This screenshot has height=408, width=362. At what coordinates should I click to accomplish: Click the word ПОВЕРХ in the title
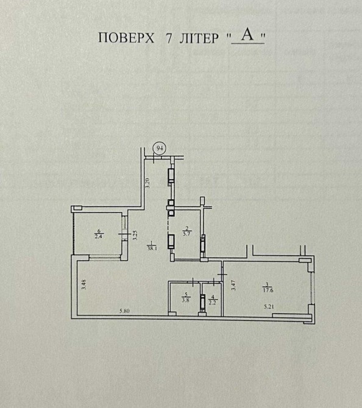126,38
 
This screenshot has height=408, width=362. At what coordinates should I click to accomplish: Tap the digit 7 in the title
169,38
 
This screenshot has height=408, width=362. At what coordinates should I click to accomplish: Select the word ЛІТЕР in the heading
199,38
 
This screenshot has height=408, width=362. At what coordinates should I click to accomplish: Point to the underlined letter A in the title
247,34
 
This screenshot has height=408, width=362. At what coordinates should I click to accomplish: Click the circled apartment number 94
160,148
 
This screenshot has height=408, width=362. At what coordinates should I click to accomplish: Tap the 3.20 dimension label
147,183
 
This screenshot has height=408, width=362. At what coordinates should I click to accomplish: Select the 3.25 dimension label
135,234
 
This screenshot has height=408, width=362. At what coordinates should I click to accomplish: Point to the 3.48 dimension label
83,284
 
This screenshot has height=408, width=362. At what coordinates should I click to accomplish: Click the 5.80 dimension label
124,311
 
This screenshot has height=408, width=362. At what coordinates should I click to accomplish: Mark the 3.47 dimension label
233,285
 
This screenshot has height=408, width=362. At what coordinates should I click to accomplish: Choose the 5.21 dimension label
269,306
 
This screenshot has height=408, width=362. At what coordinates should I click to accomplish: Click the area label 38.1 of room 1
152,248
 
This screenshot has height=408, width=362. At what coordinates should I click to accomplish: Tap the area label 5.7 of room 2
186,233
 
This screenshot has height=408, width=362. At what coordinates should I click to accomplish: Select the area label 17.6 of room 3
268,290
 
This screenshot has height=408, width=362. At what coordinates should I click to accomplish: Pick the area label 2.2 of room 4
212,303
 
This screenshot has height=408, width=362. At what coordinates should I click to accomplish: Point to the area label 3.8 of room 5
185,300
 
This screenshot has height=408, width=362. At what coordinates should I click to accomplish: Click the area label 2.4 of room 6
98,236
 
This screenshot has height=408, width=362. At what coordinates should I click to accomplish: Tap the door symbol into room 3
222,275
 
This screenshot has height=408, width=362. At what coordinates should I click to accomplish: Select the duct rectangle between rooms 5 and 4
202,301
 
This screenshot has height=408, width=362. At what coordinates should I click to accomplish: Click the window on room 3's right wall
313,288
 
